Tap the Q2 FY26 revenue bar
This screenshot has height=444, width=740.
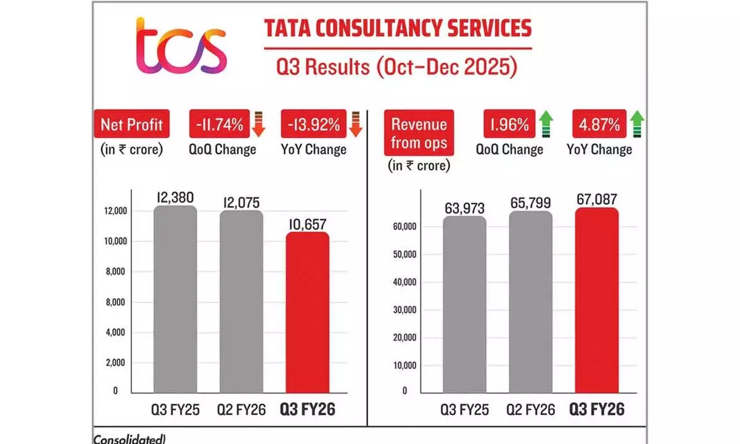(x=530, y=302)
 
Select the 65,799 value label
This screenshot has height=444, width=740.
(x=530, y=202)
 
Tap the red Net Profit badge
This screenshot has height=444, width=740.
(x=131, y=125)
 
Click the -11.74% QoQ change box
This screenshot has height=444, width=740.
(x=218, y=125)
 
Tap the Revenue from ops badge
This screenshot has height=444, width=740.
(x=419, y=133)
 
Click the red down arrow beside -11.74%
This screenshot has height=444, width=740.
(x=258, y=124)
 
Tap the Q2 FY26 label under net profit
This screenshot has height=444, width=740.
(x=242, y=409)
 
